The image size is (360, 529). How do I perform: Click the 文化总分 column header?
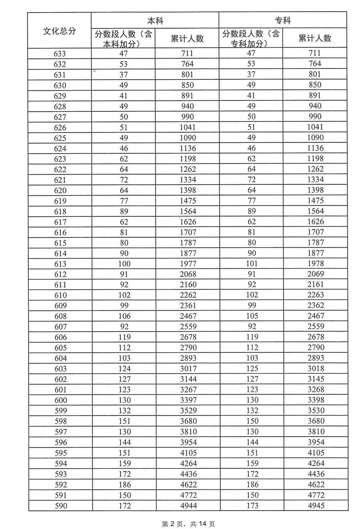(x=60, y=31)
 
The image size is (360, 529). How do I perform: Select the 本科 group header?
(x=155, y=21)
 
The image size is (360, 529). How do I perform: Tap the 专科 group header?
(x=283, y=21)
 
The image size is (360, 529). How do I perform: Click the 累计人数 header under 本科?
(x=187, y=39)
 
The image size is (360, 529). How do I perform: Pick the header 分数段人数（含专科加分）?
(x=251, y=39)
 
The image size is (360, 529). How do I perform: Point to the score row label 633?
(x=60, y=54)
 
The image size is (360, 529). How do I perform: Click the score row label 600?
(x=60, y=400)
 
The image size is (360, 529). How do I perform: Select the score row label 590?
(x=61, y=506)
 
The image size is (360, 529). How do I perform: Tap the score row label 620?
(x=60, y=190)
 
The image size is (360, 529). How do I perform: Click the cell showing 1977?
(x=188, y=263)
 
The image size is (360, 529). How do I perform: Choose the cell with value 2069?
(x=316, y=274)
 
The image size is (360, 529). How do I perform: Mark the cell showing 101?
(x=252, y=263)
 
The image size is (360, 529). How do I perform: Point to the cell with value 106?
(x=124, y=316)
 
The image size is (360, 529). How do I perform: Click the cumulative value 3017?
(x=188, y=369)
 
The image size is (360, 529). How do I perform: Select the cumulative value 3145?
(x=316, y=379)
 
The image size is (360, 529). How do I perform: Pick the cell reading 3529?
(x=188, y=411)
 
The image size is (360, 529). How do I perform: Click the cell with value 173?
(x=252, y=506)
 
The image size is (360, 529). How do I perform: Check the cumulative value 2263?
(x=316, y=295)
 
